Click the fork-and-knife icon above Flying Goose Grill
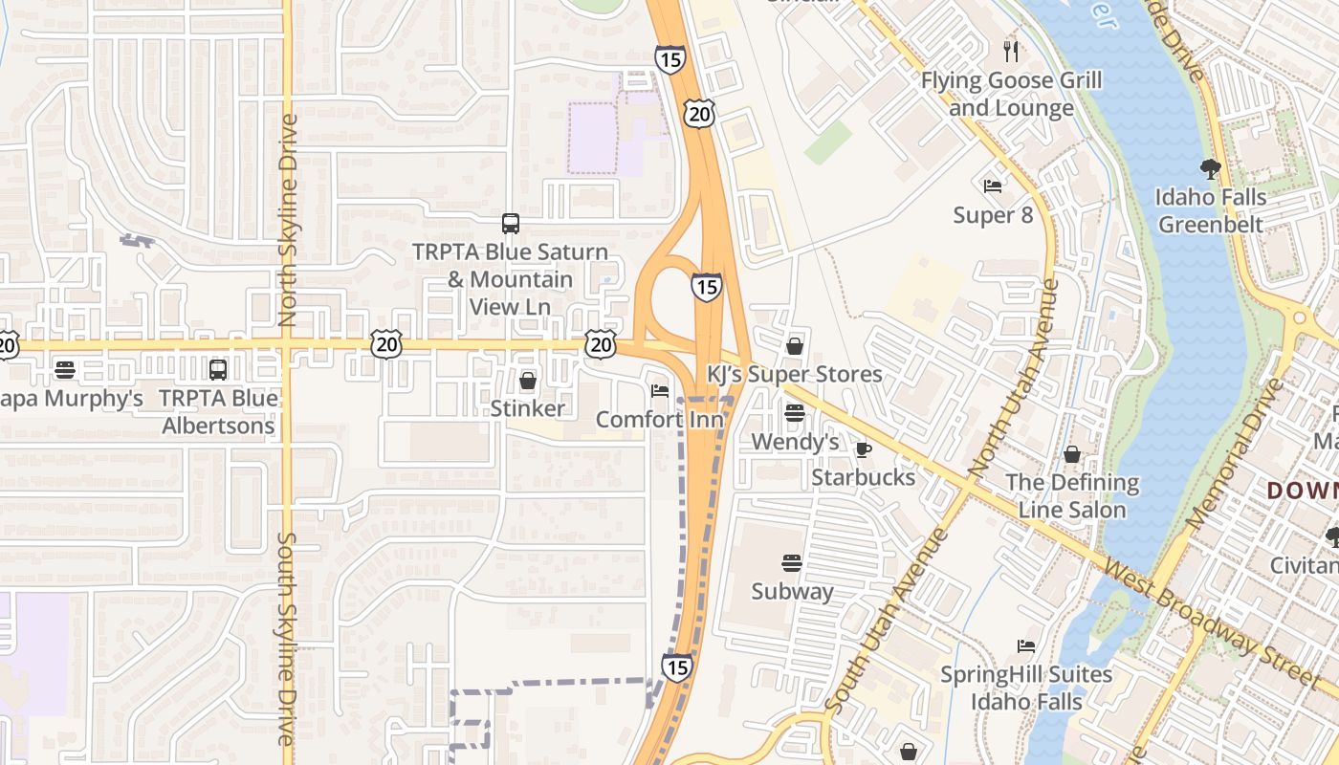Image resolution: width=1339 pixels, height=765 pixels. point(1011,51)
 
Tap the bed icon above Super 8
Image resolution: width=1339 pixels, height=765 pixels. point(993,186)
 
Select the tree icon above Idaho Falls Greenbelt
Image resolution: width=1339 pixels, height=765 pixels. point(1210,169)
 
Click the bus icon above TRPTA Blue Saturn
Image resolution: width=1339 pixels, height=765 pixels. point(511,224)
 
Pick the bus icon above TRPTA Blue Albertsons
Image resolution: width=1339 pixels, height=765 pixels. point(218,370)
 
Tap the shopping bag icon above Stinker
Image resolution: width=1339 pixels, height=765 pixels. point(527,381)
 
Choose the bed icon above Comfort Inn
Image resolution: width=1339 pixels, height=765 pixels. point(660,390)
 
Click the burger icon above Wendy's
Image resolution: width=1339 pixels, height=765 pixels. point(794,413)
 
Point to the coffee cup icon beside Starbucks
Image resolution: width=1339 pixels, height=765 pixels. point(863,449)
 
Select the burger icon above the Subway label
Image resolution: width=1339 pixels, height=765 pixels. point(792,562)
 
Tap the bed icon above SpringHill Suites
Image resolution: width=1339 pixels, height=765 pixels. point(1026,646)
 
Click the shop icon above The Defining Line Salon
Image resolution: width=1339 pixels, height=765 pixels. point(1072,454)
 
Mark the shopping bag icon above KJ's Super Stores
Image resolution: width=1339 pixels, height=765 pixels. point(794,346)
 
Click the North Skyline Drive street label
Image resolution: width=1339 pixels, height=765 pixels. point(288,220)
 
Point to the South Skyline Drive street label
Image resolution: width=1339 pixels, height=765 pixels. point(286,639)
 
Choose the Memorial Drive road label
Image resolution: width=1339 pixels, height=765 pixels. point(1235,453)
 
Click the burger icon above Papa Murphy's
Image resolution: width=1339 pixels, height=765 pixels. point(65,369)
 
